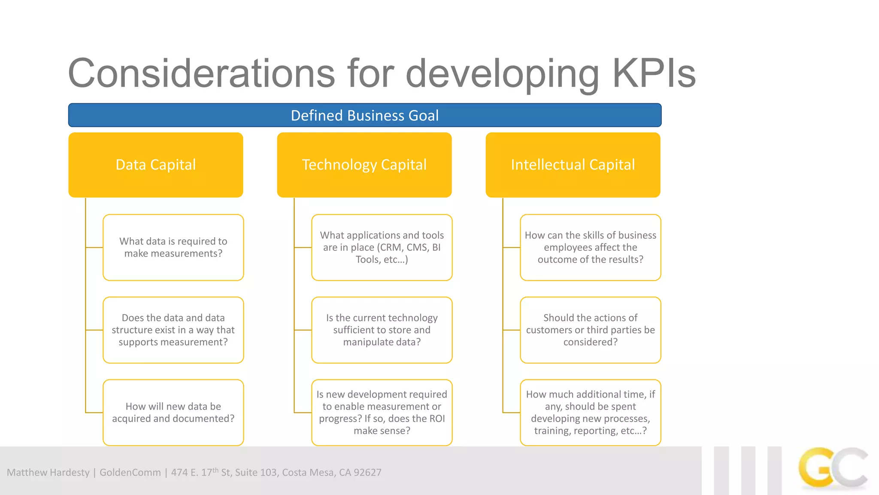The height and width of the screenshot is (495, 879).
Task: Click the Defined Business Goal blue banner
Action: [365, 115]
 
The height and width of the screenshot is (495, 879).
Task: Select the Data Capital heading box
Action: [156, 165]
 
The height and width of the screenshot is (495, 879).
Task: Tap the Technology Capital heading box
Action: [364, 165]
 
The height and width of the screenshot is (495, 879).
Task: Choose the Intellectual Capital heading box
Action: [573, 165]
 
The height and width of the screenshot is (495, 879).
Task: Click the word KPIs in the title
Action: [653, 74]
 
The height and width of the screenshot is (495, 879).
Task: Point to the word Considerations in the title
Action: [201, 74]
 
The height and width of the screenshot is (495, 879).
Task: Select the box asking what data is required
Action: [173, 247]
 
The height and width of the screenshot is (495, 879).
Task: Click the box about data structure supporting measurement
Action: [173, 330]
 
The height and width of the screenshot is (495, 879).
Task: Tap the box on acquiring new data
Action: [173, 412]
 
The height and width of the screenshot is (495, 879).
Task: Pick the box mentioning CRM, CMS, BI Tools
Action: [382, 247]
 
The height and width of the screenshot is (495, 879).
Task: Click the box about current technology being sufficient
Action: [382, 330]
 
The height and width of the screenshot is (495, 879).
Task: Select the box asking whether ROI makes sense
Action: [382, 412]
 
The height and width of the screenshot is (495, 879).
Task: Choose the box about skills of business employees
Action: [591, 247]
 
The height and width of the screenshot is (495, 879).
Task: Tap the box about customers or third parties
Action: [591, 330]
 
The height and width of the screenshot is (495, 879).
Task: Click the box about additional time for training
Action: [591, 412]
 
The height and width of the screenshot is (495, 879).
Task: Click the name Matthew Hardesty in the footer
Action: [48, 473]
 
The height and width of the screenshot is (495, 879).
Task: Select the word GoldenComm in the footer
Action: [130, 473]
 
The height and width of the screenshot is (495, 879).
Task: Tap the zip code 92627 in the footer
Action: [367, 473]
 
